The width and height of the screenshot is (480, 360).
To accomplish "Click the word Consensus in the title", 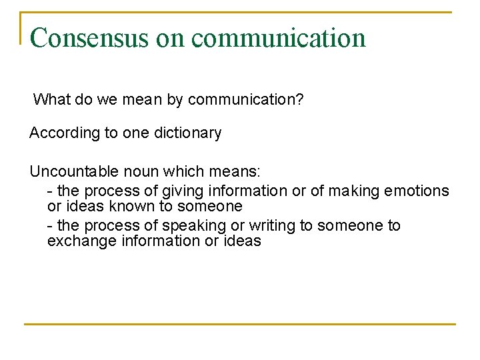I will pyautogui.click(x=90, y=38).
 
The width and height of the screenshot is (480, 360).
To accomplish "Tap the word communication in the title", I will pyautogui.click(x=279, y=38).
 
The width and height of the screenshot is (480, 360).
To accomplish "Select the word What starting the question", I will pyautogui.click(x=51, y=100).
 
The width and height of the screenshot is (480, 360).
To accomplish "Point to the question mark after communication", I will pyautogui.click(x=301, y=100).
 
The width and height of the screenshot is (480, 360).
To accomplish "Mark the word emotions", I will pyautogui.click(x=417, y=191).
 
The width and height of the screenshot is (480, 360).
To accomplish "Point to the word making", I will pyautogui.click(x=354, y=191).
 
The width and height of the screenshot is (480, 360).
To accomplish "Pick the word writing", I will pyautogui.click(x=273, y=226).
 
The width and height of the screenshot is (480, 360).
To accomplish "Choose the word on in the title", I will pyautogui.click(x=170, y=38).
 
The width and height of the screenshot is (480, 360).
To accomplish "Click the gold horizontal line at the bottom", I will pyautogui.click(x=240, y=325).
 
